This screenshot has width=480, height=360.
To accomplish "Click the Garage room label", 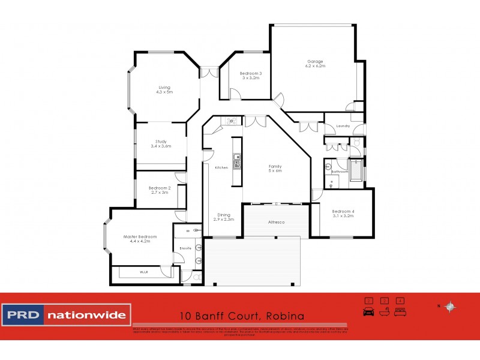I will pyautogui.click(x=316, y=61).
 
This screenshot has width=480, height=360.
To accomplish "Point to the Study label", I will pyautogui.click(x=161, y=142).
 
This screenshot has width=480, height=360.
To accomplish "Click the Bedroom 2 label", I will pyautogui.click(x=160, y=188).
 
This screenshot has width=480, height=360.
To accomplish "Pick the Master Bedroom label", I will pyautogui.click(x=136, y=236).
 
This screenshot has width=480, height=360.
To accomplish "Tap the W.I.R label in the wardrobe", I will pyautogui.click(x=144, y=272).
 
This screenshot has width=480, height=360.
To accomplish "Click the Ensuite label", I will pyautogui.click(x=185, y=248).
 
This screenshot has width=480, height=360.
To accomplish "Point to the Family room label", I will pyautogui.click(x=275, y=166).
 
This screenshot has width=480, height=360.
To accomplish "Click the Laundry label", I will pyautogui.click(x=343, y=126).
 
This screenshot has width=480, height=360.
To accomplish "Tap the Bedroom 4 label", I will pyautogui.click(x=343, y=211).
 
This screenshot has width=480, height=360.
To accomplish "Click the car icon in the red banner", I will pyautogui.click(x=368, y=311).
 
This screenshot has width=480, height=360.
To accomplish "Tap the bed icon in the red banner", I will pyautogui.click(x=400, y=311).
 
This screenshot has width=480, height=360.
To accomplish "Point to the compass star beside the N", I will pyautogui.click(x=451, y=307).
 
